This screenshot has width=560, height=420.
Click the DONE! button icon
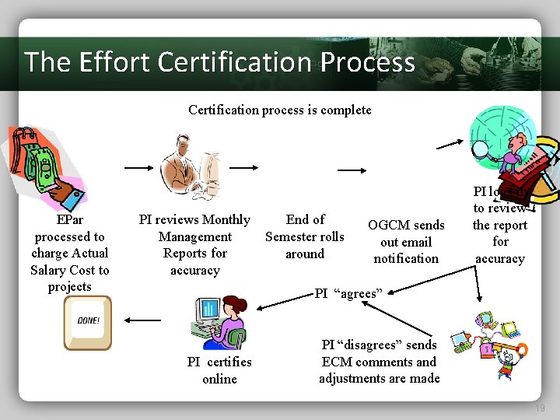coord(88,322)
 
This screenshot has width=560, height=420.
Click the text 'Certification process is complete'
coord(279,110)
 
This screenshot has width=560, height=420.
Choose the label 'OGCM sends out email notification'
coord(406,241)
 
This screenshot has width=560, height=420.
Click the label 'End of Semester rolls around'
coord(305,236)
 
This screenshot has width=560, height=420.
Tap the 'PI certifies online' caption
coord(219,370)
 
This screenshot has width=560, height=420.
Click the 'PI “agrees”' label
coord(348,293)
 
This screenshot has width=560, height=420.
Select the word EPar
coord(69,220)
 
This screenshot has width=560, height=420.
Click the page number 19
coord(540,408)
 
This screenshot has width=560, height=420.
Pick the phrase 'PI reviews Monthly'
coord(194,220)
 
